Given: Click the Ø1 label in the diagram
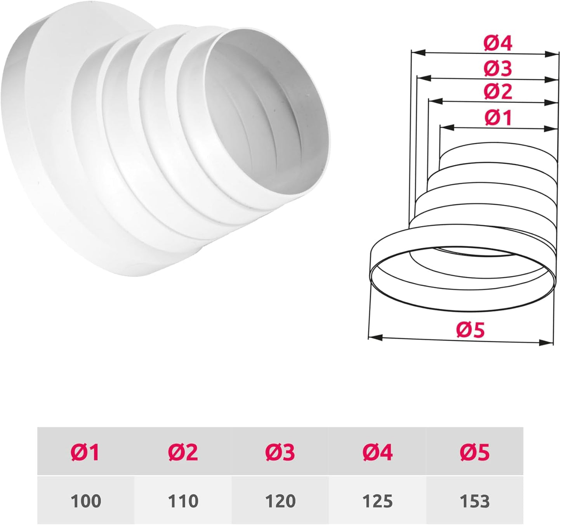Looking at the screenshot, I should click(498, 118).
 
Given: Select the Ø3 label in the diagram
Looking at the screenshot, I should click(498, 68).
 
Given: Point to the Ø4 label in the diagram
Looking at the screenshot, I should click(498, 43).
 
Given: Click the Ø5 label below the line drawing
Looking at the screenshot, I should click(471, 330).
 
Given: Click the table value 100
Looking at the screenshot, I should click(85, 501).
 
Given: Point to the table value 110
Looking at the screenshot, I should click(183, 501).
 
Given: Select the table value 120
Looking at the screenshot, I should click(280, 501).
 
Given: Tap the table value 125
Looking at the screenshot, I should click(378, 501).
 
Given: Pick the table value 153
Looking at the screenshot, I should click(475, 501).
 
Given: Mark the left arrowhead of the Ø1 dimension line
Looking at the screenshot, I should click(446, 127).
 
